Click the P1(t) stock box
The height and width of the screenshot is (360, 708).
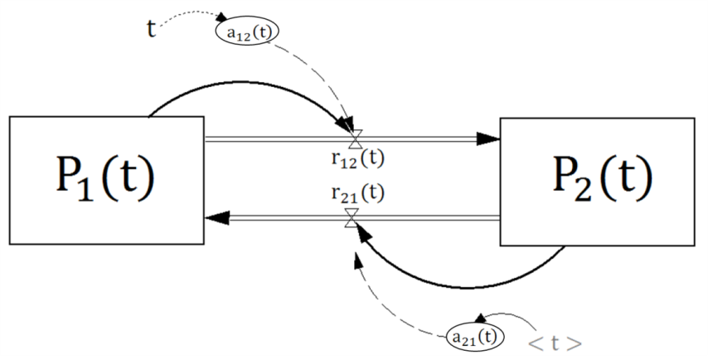point(105,180)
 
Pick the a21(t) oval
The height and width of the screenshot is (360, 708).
point(475,335)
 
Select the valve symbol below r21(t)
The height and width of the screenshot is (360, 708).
point(352,217)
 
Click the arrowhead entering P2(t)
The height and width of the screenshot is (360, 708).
point(491,139)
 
